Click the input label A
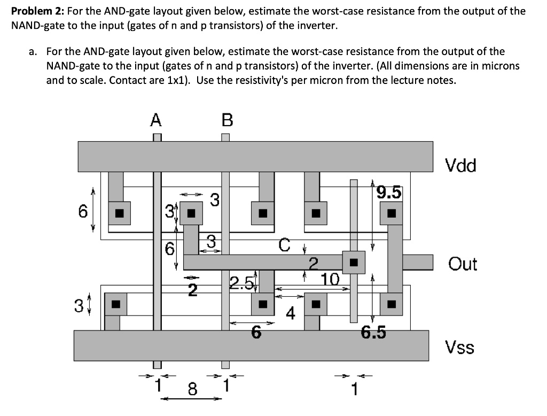coord(155,120)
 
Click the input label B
coord(227,120)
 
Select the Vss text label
coord(460,348)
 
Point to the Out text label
coord(463,264)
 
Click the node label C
coord(285,245)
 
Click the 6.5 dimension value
coord(373,333)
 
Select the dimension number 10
coord(330,279)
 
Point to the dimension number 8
coord(192,389)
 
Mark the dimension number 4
coord(290,313)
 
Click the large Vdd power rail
coord(255,156)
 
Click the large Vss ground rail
coord(251,345)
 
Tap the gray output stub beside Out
coord(417,262)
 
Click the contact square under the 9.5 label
coord(392,213)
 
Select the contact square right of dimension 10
coord(354,262)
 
